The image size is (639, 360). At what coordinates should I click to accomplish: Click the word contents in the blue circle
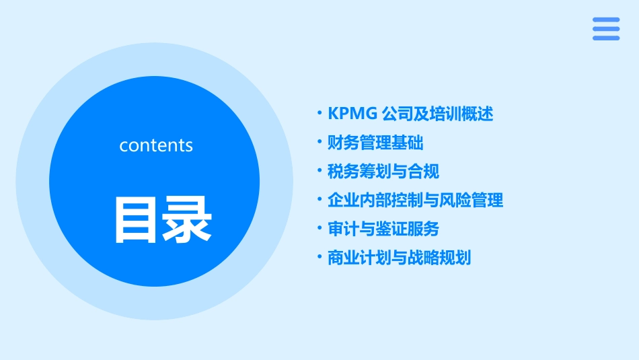point(156,145)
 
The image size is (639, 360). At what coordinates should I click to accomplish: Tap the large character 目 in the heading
point(137,219)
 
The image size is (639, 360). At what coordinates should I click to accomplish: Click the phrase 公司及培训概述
point(437,114)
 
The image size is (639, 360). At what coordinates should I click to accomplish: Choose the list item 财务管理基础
point(375,143)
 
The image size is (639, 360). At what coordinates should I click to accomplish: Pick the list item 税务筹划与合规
point(383,172)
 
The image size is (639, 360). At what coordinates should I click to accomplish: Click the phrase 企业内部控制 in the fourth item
point(367,201)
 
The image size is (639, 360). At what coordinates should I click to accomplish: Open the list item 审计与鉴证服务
point(383,229)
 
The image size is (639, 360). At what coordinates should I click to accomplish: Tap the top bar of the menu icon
point(606,20)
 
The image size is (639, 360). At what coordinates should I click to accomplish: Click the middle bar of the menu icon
point(606,29)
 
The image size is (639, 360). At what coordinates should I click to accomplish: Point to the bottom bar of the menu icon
point(606,38)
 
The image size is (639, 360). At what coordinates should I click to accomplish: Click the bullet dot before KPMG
point(319,114)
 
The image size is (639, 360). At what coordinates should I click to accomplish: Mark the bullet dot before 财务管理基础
point(319,143)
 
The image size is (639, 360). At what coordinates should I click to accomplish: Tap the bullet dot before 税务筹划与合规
point(319,172)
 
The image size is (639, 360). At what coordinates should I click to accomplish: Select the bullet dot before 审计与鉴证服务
point(319,229)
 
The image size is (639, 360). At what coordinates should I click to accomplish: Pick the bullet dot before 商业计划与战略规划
point(319,258)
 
